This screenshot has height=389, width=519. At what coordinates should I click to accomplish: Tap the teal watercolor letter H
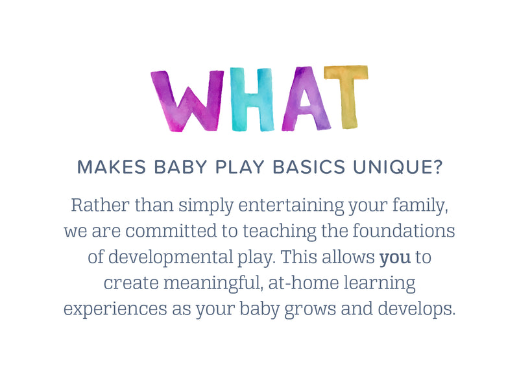point(252,99)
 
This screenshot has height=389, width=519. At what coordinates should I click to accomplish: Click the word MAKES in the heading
point(112,167)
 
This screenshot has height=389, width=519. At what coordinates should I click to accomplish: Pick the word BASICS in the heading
point(309,167)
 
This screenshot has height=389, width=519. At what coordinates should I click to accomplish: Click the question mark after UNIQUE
point(437,167)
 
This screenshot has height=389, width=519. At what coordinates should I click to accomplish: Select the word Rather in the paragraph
point(100,205)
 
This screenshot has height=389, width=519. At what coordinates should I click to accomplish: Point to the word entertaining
point(291,206)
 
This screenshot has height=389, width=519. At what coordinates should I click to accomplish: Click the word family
point(420,206)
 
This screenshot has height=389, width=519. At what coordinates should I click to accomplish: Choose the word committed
point(171,231)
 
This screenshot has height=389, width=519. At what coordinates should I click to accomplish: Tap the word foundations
point(404,231)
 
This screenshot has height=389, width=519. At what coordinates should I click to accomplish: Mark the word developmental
point(171,257)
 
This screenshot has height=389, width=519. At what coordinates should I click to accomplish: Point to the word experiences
point(115,309)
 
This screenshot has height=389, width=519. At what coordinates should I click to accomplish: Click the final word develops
point(416,309)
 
